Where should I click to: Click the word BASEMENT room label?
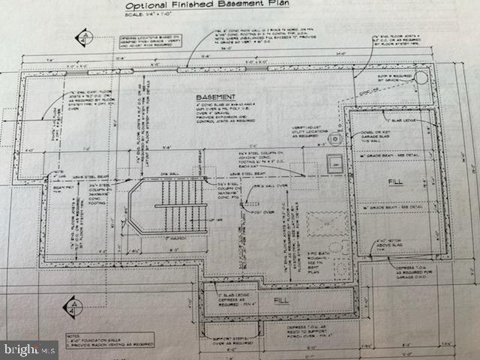tap(216, 98)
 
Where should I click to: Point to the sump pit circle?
tap(420, 78)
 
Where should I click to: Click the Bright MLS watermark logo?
tap(30, 349)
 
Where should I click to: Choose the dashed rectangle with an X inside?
tap(328, 223)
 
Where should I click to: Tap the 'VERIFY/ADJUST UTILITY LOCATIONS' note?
tap(320, 135)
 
